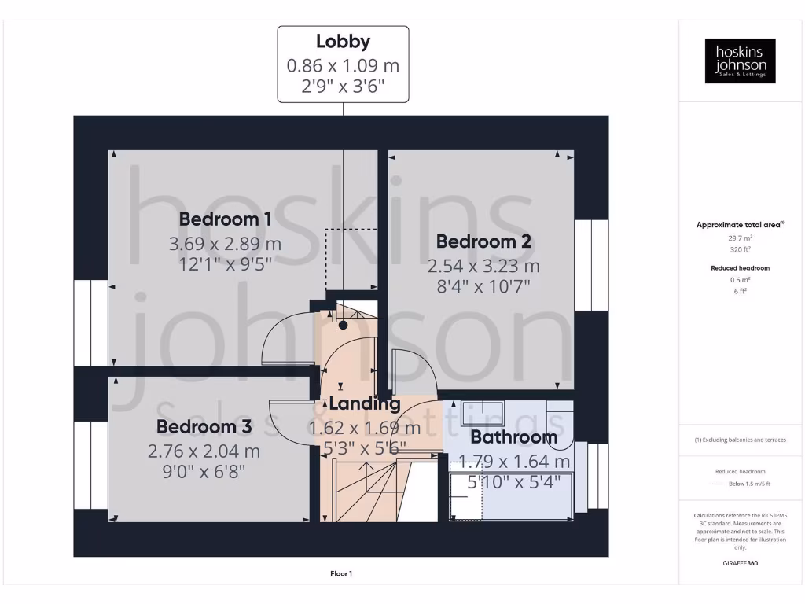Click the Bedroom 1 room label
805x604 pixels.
225,219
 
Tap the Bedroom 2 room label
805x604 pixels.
483,241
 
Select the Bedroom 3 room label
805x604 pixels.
204,427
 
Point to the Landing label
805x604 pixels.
364,404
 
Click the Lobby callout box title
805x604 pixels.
343,42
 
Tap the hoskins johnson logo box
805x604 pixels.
740,61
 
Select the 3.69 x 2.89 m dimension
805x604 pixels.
225,244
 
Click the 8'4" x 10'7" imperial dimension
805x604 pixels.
483,286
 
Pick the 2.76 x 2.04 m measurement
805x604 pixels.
204,451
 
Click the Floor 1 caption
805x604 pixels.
341,574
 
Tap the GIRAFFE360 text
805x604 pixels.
740,563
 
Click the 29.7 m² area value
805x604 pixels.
740,238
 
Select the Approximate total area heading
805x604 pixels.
739,225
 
